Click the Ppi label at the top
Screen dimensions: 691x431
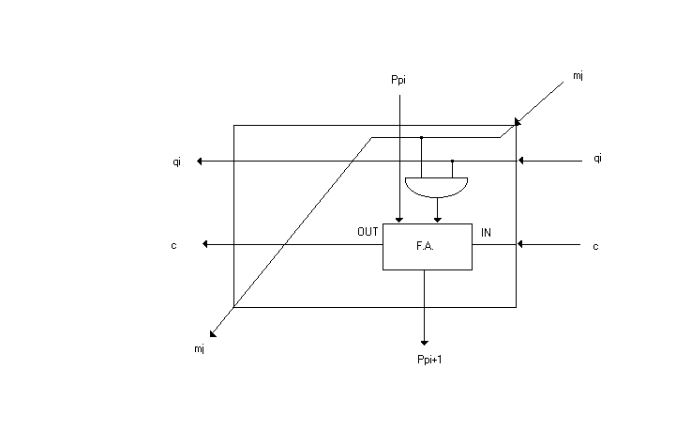point(398,80)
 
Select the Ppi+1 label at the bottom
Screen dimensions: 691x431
point(429,360)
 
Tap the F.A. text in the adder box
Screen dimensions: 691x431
point(425,246)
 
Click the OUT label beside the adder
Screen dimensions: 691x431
point(368,232)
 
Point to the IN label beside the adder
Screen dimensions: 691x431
point(486,233)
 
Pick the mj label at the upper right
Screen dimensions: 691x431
point(578,75)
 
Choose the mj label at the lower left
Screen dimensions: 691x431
point(199,349)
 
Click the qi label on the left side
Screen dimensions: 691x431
point(176,162)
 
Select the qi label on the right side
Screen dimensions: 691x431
point(597,158)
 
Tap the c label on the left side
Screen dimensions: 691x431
point(173,246)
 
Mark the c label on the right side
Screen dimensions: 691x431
point(595,247)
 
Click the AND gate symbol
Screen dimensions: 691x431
point(436,188)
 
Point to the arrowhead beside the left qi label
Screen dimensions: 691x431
point(199,162)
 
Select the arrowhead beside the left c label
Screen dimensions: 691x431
point(204,244)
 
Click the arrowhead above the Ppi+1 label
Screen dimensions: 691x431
point(425,343)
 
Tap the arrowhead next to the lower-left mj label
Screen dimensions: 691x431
point(213,334)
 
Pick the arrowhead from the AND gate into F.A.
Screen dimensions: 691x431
point(438,220)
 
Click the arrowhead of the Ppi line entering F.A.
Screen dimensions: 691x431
point(399,220)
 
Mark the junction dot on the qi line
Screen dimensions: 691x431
point(452,161)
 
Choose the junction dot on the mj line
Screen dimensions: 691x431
point(421,138)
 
